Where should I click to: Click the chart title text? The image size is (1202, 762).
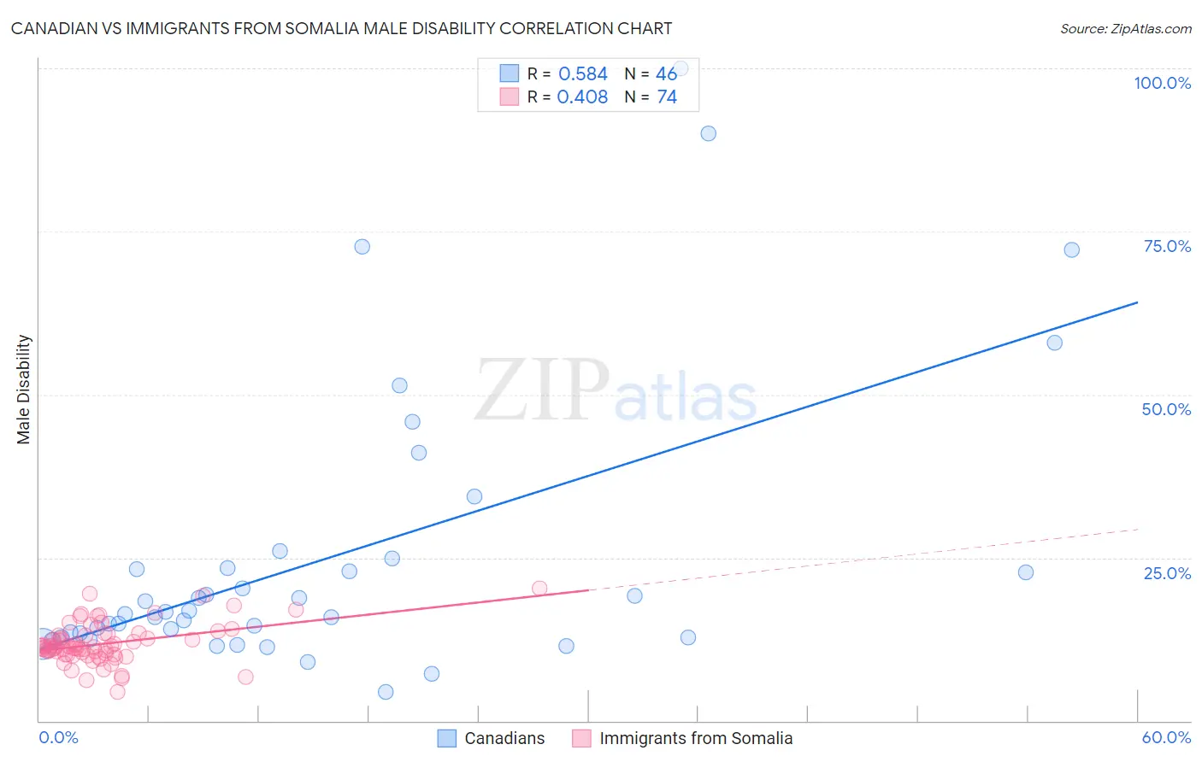341,28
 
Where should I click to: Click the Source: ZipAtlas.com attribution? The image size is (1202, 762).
1125,28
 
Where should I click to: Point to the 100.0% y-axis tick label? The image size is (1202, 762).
1162,83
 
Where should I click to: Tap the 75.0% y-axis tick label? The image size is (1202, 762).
1167,246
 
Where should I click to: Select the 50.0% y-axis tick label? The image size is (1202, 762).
1166,409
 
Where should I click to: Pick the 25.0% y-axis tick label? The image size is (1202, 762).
1167,573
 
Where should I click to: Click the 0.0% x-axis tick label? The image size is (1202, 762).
58,737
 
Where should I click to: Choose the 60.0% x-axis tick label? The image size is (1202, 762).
1166,737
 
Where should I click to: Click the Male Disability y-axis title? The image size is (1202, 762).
24,389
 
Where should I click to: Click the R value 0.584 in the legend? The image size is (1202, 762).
582,74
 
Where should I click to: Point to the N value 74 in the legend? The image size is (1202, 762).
667,97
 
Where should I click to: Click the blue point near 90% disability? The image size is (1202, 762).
708,133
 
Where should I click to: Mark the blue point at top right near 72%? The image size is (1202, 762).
1071,250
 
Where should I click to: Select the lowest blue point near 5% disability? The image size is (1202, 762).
386,692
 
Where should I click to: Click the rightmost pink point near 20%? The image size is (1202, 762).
539,588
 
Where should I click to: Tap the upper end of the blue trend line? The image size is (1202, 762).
1137,302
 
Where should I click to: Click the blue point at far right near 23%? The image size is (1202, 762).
1026,572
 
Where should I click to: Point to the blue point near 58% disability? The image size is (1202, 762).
1055,343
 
